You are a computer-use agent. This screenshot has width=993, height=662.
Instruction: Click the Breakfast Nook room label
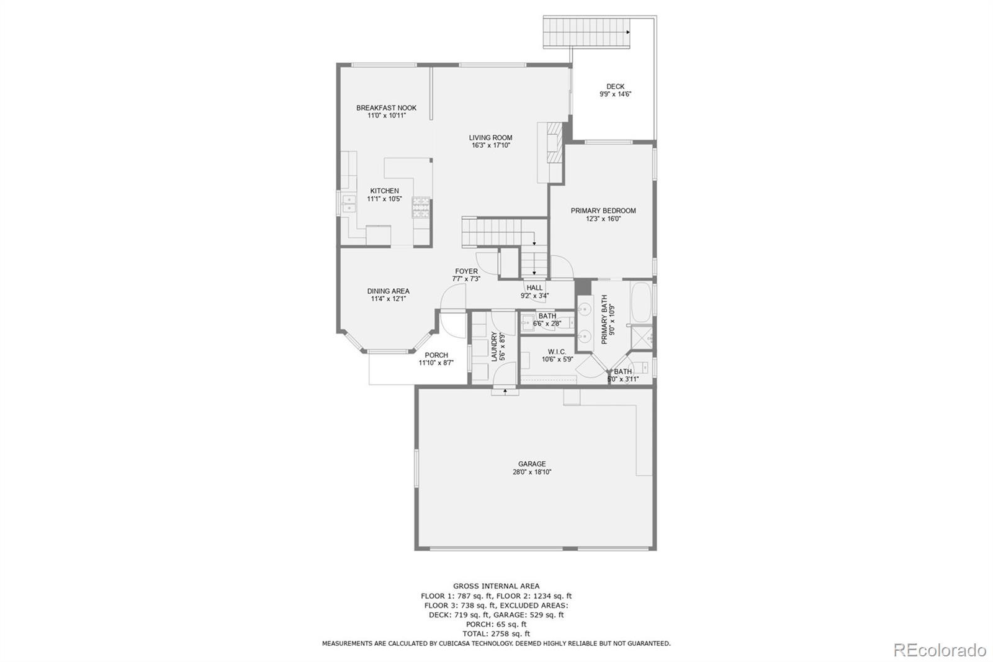click(386, 108)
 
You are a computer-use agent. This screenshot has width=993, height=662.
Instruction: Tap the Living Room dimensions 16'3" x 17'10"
click(490, 146)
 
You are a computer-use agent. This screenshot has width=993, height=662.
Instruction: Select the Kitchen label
click(385, 191)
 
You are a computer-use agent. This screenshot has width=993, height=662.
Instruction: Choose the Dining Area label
click(388, 291)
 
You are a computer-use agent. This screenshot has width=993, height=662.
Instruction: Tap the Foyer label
click(466, 271)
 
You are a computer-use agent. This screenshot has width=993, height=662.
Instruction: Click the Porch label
click(436, 355)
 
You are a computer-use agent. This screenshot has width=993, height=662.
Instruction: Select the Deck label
click(615, 87)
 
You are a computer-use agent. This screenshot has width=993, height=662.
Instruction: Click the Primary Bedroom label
click(603, 211)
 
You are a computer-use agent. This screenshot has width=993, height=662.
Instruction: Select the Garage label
click(532, 464)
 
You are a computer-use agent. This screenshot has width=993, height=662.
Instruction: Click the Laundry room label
click(495, 347)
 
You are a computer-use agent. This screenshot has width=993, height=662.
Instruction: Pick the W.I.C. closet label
click(557, 351)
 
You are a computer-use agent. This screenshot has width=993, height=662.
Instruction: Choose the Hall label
click(534, 288)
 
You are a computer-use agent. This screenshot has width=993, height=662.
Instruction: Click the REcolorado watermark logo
click(939, 650)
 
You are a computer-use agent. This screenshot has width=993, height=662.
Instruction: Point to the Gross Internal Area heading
click(496, 586)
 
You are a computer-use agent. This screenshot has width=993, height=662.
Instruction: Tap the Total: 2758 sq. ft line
click(496, 634)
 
